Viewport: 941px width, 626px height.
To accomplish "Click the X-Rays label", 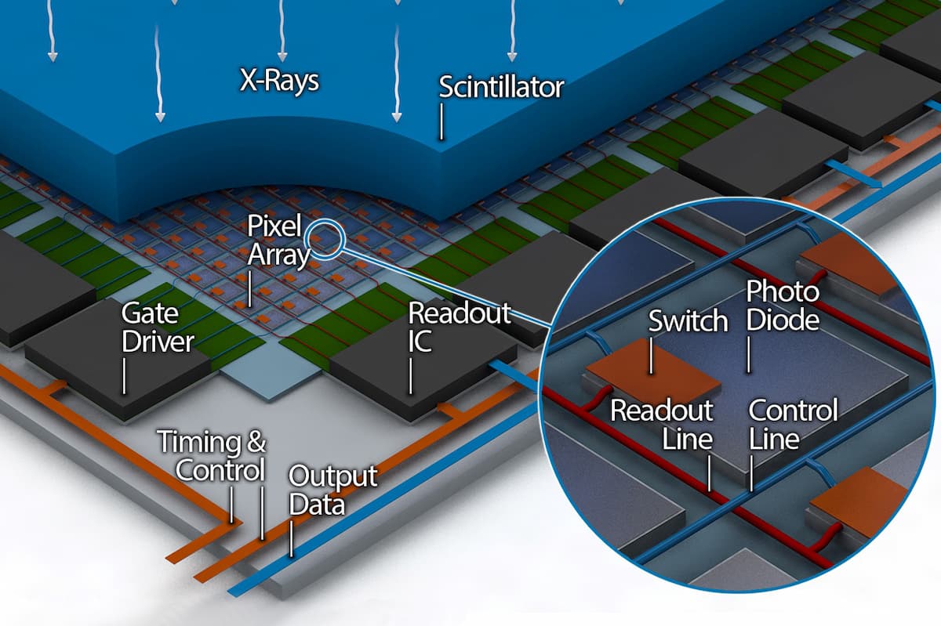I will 279,81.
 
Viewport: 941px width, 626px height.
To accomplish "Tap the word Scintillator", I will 501,87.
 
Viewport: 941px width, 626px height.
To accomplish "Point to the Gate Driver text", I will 157,328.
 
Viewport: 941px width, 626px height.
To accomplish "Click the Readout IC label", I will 459,327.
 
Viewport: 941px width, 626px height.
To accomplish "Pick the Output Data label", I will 332,490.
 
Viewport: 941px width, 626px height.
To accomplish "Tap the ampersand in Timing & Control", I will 256,443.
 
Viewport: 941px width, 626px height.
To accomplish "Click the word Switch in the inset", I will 688,320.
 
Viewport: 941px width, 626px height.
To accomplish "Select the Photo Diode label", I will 782,306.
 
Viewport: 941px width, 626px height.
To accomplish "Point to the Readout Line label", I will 662,425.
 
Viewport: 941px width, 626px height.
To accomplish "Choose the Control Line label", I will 793,425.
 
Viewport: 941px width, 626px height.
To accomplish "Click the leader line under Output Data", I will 292,539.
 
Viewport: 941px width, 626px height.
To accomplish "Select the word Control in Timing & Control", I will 220,470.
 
